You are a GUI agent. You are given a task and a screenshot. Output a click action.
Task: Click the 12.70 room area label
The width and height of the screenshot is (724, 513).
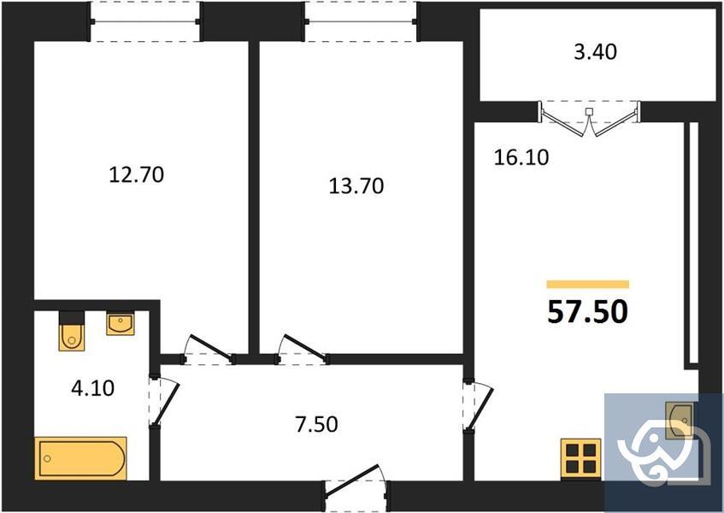point(137,175)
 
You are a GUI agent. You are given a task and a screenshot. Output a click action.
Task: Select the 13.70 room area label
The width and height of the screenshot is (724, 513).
point(356,185)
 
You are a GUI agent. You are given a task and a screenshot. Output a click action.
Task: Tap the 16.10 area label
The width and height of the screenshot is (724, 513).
point(521,157)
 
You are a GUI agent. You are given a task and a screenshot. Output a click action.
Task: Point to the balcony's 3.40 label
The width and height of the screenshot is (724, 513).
point(595,52)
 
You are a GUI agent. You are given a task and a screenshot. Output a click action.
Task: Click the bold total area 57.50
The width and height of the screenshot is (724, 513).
point(587,312)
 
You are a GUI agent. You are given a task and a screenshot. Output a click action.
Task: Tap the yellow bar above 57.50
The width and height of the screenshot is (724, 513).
point(587,284)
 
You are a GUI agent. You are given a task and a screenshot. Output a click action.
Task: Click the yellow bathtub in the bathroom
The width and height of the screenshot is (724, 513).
point(81,457)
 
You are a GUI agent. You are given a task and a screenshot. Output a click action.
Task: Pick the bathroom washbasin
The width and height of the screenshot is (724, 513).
point(119,324)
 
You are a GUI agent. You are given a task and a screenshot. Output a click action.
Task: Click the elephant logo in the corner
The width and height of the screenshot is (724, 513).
point(663,452)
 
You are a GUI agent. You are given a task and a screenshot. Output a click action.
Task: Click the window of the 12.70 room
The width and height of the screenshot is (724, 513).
point(145,21)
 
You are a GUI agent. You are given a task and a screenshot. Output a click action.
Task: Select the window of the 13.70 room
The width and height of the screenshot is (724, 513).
point(362,21)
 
